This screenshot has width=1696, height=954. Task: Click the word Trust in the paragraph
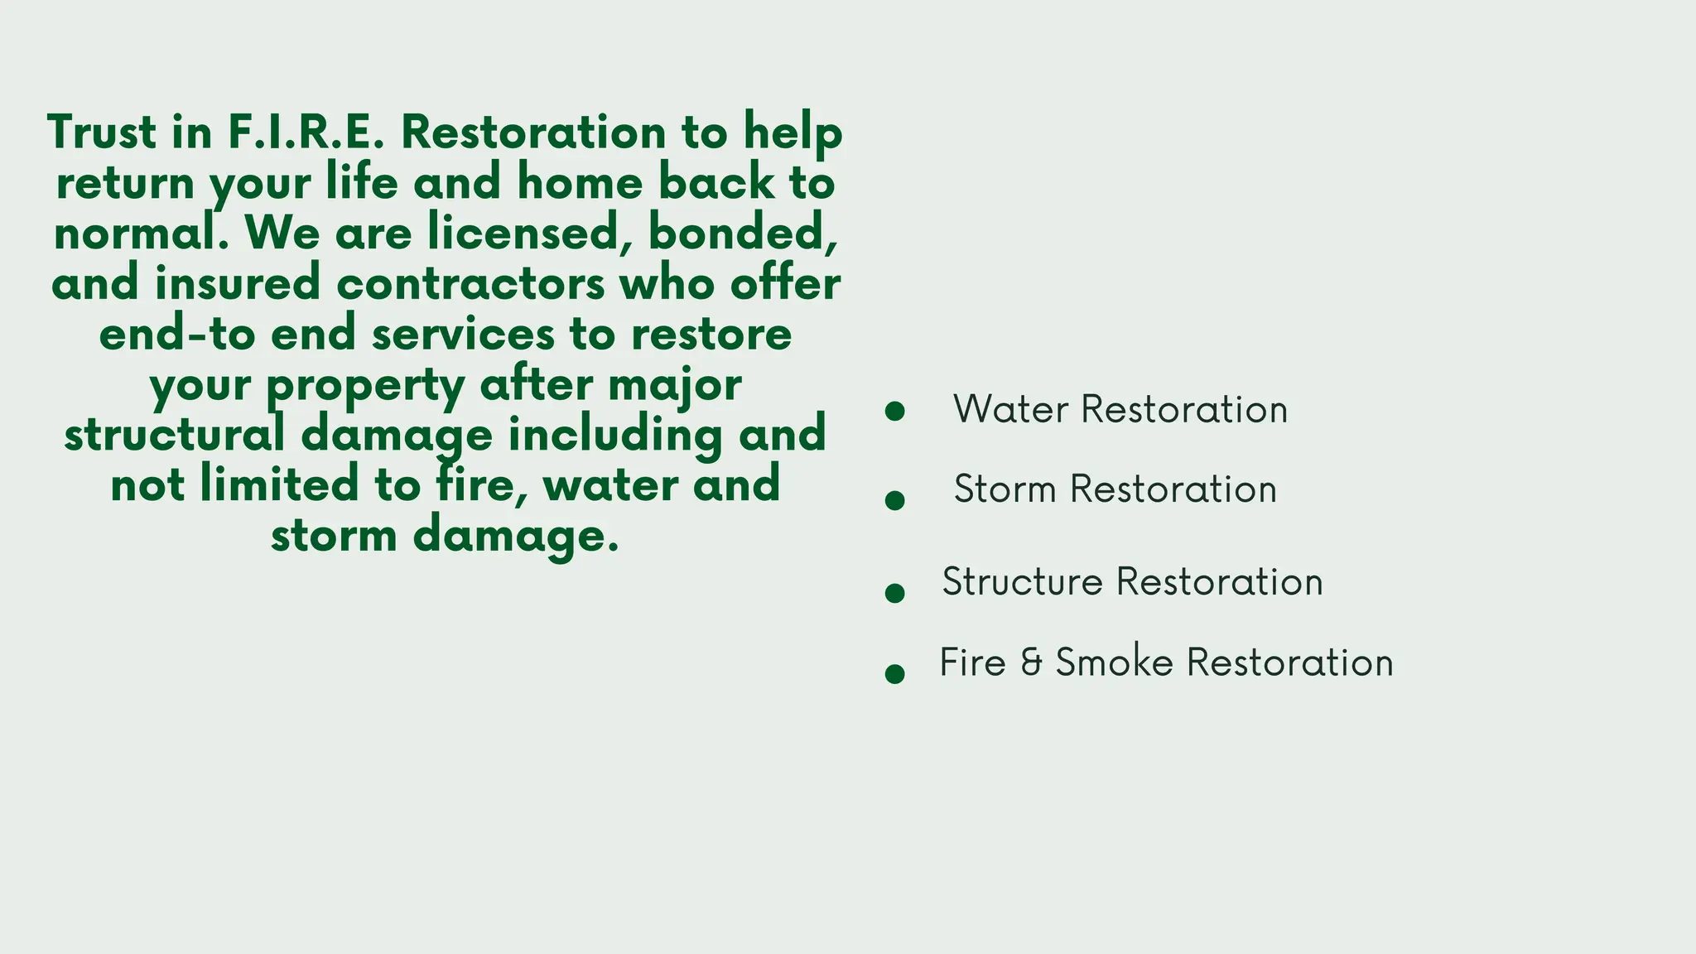(102, 132)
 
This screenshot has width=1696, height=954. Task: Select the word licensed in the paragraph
(523, 233)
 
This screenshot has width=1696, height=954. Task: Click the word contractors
(470, 284)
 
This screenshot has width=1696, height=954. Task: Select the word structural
(175, 435)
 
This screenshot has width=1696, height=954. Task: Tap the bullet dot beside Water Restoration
(894, 412)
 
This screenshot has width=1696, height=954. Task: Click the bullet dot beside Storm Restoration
(894, 500)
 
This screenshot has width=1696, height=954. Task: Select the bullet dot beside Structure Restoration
(894, 593)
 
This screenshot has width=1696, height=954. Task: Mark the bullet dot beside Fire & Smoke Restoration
(894, 673)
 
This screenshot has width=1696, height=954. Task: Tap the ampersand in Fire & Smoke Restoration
(1031, 663)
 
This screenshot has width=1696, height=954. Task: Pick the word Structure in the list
(1022, 581)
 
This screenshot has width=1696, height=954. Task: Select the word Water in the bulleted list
(1010, 409)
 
